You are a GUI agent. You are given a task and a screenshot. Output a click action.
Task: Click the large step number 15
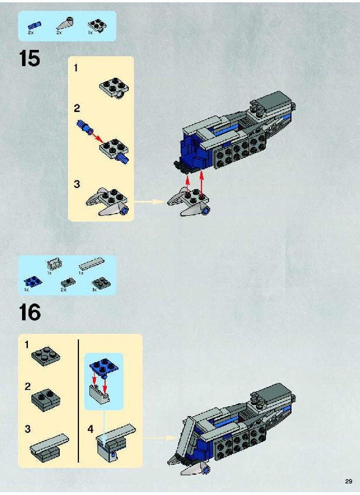[30, 59]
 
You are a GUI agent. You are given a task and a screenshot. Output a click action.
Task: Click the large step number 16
[30, 312]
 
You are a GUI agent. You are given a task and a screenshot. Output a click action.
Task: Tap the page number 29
[348, 481]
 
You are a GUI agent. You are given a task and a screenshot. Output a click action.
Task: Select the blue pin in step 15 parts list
[34, 25]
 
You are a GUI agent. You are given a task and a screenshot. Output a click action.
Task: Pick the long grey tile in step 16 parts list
[92, 263]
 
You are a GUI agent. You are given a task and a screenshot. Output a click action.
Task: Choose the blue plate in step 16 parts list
[33, 281]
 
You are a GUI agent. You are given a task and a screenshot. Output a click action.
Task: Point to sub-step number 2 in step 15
[77, 109]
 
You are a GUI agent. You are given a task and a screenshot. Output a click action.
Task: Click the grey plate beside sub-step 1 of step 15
[114, 88]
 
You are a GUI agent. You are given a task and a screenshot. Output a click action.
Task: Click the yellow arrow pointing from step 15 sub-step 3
[149, 201]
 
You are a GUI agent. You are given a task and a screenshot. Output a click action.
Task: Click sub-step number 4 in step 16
[91, 429]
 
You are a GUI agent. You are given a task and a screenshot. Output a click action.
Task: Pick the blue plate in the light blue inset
[104, 367]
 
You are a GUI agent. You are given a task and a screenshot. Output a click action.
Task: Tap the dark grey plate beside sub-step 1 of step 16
[46, 356]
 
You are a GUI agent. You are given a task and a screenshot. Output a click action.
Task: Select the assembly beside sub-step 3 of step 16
[49, 447]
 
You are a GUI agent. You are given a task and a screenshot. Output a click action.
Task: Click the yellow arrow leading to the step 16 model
[160, 438]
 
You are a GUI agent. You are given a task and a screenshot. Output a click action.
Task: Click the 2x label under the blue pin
[31, 32]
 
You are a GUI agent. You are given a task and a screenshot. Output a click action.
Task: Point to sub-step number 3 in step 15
[77, 184]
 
